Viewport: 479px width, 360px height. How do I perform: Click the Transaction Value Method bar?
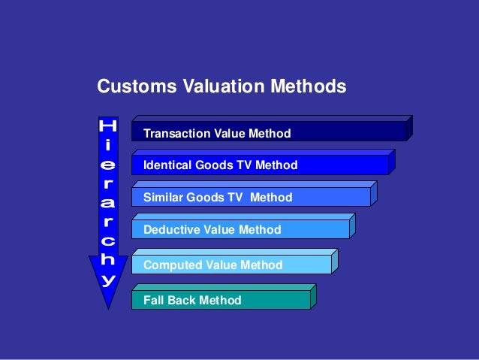click(270, 133)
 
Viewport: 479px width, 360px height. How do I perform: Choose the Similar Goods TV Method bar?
click(251, 197)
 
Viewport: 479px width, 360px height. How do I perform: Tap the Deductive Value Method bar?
click(240, 229)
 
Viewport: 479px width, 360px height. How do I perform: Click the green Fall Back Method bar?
click(221, 300)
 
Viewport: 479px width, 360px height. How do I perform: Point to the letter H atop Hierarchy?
click(109, 126)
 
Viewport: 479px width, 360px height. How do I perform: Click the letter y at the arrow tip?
click(109, 280)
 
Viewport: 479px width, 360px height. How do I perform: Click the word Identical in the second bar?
click(167, 165)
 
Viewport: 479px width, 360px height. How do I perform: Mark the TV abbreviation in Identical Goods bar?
click(239, 165)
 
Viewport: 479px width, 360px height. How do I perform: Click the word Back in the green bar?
click(180, 301)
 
